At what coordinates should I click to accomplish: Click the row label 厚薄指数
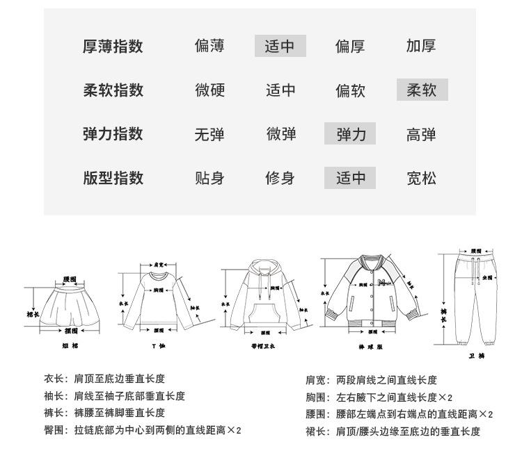tap(113, 47)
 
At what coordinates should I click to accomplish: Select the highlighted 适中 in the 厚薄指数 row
tap(280, 47)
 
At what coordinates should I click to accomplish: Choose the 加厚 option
tap(421, 47)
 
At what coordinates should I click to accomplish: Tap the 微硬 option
tap(209, 90)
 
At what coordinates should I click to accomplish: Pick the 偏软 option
tap(350, 90)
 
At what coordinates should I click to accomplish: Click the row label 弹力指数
tap(113, 133)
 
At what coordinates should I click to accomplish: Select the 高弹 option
tap(421, 134)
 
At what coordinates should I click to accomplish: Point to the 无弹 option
tap(209, 134)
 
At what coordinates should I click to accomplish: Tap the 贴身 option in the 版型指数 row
tap(209, 178)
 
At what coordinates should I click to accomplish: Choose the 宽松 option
tap(421, 178)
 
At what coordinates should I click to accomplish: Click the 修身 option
tap(280, 178)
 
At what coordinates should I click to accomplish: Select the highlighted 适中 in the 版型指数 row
tap(350, 178)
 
